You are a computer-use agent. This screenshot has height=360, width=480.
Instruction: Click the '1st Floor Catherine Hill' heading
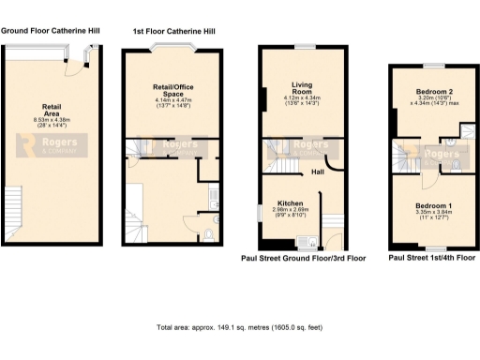(x=172, y=31)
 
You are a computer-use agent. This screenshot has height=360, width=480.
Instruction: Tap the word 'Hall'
(x=318, y=173)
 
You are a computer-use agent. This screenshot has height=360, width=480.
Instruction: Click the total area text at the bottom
(x=240, y=328)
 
